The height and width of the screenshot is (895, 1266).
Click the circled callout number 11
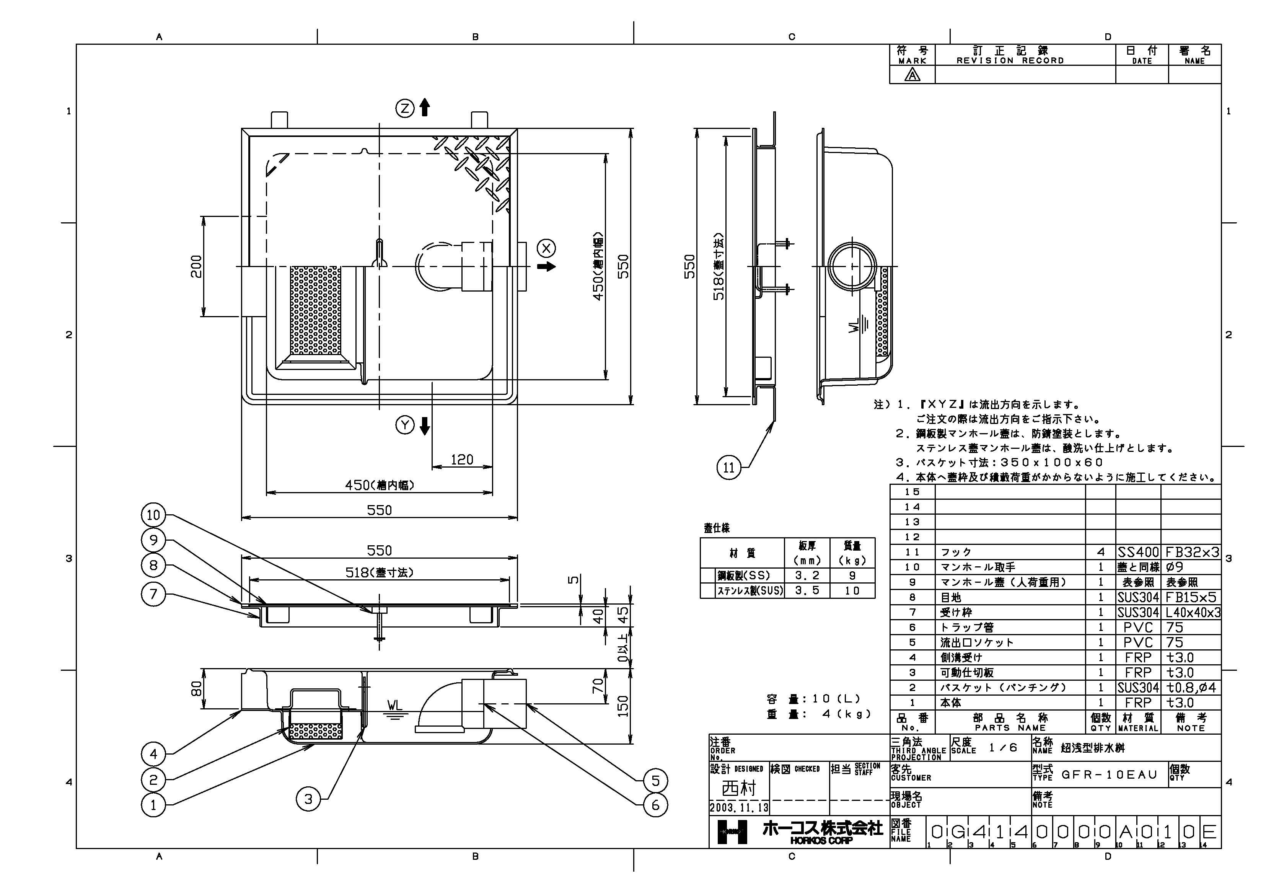[728, 468]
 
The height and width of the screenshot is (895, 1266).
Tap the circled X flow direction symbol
[546, 248]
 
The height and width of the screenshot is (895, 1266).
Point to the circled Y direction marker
[405, 425]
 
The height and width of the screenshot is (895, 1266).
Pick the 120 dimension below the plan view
[461, 459]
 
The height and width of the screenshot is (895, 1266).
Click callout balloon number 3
[308, 799]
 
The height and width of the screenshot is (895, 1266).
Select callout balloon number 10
[153, 515]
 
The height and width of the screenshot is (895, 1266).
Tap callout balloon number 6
[655, 805]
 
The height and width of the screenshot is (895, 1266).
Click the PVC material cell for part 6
[1137, 627]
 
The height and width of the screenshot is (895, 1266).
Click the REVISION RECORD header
[1010, 55]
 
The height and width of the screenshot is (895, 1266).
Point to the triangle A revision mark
[912, 75]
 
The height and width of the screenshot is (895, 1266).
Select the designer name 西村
[738, 788]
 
